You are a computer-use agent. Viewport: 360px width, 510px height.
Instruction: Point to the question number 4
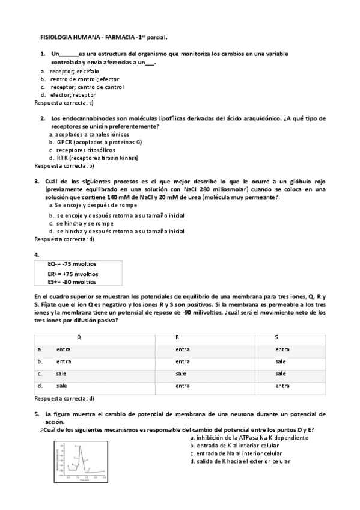point(37,255)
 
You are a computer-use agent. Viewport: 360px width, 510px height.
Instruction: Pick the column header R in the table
point(177,337)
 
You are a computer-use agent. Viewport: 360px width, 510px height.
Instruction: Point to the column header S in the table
point(276,337)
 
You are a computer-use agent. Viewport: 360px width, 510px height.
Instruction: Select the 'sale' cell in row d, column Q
point(62,386)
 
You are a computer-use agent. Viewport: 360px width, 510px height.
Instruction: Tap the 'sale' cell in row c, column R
point(181,373)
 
